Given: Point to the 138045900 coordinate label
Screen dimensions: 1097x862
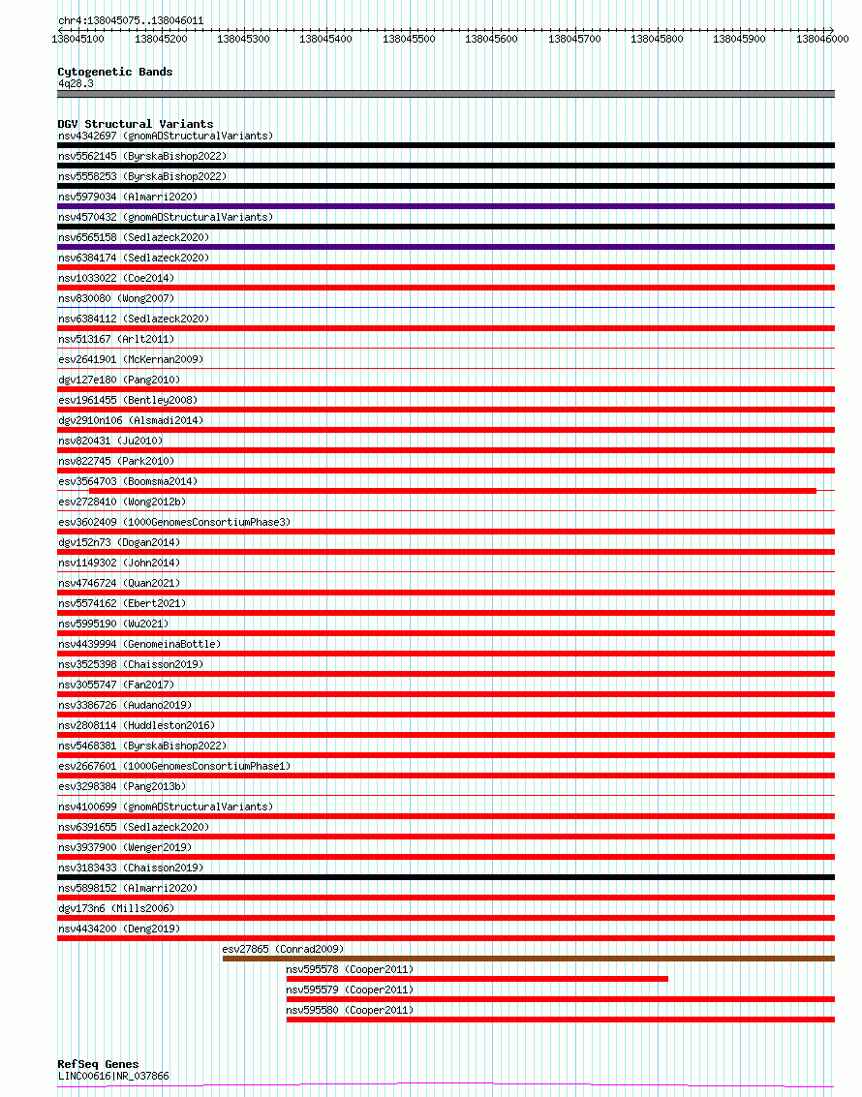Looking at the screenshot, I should click(739, 39).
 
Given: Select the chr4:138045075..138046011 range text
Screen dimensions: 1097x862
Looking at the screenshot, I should click(131, 19).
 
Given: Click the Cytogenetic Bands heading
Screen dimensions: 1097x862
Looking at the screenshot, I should click(114, 72).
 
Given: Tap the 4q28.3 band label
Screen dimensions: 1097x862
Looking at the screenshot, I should click(76, 83).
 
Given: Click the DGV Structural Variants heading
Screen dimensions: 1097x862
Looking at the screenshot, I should click(135, 124).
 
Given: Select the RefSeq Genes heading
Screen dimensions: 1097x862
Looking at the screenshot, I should click(98, 1064).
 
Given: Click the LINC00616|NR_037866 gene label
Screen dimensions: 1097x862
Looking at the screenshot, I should click(113, 1076).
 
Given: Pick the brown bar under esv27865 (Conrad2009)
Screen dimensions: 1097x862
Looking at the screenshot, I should click(528, 959).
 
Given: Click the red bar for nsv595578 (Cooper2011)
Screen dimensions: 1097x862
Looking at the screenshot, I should click(477, 979).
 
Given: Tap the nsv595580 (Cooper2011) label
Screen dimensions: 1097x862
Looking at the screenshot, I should click(349, 1010).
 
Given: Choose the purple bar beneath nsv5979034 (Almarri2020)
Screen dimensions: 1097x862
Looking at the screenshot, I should click(446, 206).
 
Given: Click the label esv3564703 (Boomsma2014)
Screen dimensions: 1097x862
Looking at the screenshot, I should click(128, 481).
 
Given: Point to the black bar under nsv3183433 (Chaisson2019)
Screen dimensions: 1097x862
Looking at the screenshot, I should click(446, 877).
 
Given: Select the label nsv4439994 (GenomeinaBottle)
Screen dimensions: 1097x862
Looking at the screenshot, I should click(139, 644).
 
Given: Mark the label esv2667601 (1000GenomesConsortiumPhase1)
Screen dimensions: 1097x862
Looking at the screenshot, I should click(173, 766).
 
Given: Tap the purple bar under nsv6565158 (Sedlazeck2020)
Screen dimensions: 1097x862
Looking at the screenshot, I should click(446, 247).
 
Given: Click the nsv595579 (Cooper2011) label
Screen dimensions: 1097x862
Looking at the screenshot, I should click(349, 990).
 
